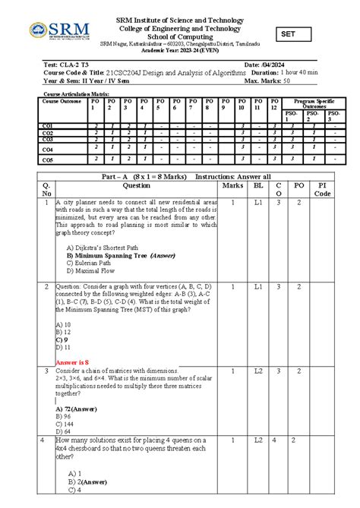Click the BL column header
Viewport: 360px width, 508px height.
click(258, 185)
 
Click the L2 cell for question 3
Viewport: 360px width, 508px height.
click(258, 371)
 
